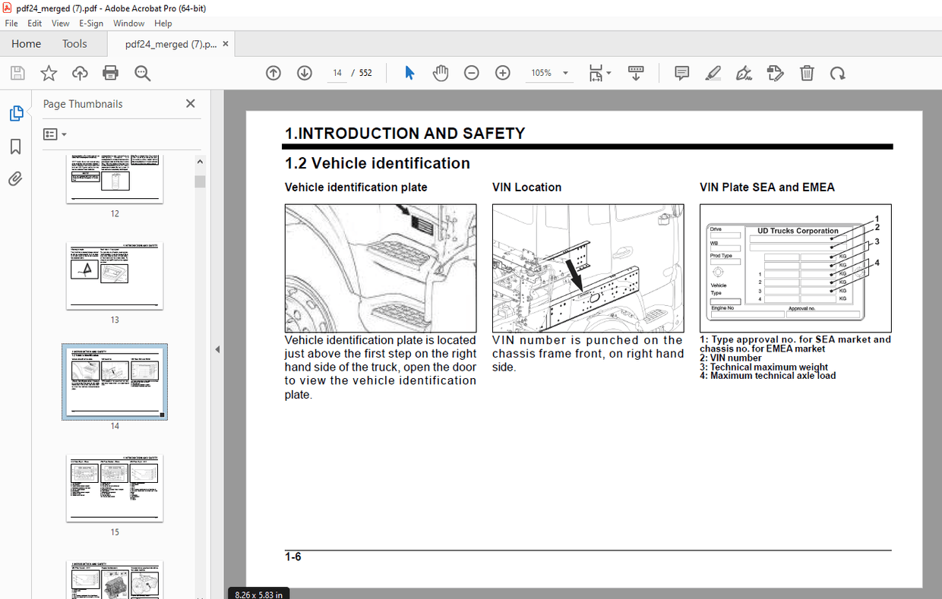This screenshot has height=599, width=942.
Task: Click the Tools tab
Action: click(x=74, y=44)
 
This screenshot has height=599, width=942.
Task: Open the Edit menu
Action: click(x=35, y=24)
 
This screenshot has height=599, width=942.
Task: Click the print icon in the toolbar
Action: click(x=110, y=73)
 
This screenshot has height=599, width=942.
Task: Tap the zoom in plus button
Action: click(x=502, y=73)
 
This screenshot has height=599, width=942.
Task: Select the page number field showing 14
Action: click(x=337, y=73)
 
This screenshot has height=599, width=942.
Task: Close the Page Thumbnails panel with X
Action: click(x=190, y=104)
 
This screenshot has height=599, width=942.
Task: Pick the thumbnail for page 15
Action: click(x=115, y=487)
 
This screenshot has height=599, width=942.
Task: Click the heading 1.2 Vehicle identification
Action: click(x=377, y=163)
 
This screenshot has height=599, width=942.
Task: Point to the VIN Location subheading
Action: click(x=526, y=188)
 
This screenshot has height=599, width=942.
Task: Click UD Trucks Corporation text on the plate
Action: click(x=798, y=231)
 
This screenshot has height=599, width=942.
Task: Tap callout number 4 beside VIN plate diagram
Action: click(x=877, y=263)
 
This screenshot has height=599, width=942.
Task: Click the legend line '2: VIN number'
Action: click(x=730, y=358)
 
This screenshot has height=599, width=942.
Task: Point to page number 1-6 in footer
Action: click(x=293, y=557)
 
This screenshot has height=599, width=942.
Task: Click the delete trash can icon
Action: click(x=807, y=73)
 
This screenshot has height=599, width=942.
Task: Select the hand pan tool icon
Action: click(x=441, y=73)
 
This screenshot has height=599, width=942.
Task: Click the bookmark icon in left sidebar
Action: click(x=16, y=147)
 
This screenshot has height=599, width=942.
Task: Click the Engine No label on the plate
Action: click(x=722, y=308)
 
